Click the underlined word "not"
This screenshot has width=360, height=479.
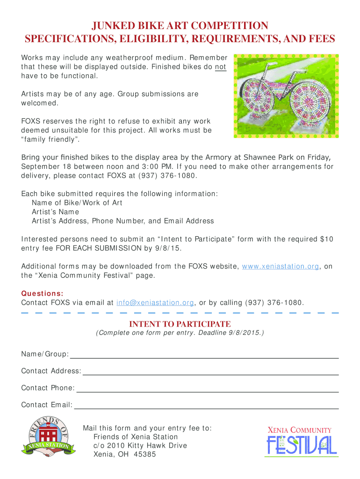coord(221,67)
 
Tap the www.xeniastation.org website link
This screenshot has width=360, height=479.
coord(281,266)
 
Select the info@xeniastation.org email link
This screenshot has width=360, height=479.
coord(155,303)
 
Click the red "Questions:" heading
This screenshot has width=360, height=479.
coord(42,293)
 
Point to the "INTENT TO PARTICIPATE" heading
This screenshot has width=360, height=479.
coord(180,324)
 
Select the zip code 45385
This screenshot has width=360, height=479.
coord(145,454)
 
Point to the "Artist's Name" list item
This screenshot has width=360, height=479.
coord(52,212)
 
